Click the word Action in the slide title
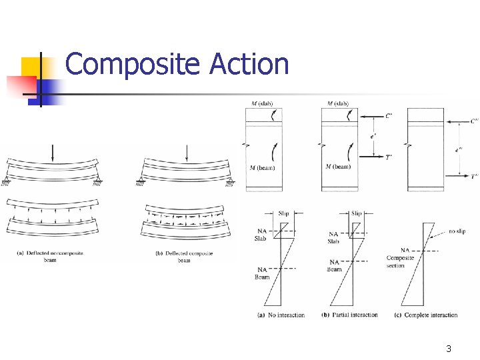coord(249,65)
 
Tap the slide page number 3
coord(449,349)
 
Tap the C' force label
coord(389,116)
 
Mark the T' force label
coord(389,157)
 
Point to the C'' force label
coord(473,121)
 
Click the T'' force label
coord(473,177)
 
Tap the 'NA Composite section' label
coord(400,258)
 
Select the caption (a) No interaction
coord(281,315)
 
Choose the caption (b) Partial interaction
coord(349,315)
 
